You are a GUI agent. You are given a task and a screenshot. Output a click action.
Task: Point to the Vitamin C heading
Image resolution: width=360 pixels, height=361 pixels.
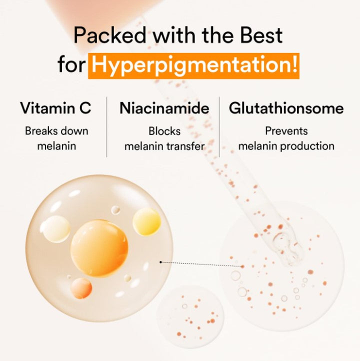click(55, 108)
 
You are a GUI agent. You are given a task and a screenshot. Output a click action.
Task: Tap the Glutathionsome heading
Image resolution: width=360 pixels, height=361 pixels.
click(286, 108)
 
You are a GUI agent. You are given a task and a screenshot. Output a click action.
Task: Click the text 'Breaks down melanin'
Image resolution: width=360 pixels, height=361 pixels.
click(56, 138)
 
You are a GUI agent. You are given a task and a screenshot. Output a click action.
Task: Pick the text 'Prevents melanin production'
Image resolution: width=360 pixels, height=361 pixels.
click(286, 138)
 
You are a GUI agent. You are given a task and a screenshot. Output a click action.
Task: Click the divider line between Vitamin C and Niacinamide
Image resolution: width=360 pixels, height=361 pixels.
click(107, 127)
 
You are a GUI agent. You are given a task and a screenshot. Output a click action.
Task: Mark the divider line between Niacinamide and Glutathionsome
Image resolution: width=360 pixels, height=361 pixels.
click(220, 127)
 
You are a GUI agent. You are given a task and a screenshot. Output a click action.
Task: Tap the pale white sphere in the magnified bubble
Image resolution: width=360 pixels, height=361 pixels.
click(55, 229)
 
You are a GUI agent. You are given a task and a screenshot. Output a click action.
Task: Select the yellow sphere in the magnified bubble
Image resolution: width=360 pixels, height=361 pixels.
click(146, 221)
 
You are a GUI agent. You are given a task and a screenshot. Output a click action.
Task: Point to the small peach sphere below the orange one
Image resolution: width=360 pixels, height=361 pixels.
click(81, 288)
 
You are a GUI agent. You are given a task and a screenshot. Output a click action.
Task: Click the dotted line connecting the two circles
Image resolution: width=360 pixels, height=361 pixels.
click(200, 263)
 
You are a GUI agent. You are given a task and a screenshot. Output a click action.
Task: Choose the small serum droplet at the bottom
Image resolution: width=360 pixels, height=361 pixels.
click(190, 316)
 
